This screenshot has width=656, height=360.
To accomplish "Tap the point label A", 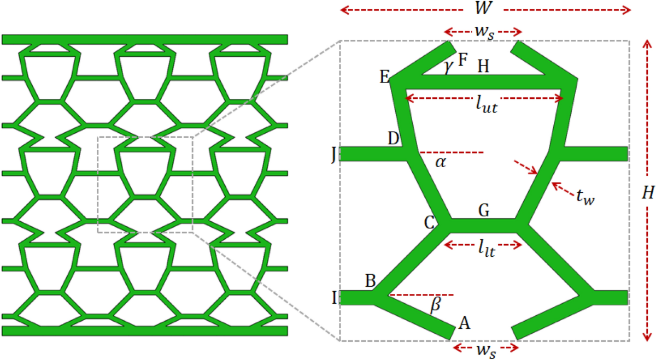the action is [x=465, y=323].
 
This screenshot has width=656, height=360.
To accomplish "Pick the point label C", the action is [x=429, y=222].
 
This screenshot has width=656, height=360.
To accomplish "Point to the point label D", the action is [x=393, y=139].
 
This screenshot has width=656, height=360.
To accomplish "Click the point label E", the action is [x=384, y=76].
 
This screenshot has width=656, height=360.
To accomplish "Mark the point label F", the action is [x=463, y=59].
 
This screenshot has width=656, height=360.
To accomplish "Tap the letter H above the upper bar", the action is [x=483, y=66].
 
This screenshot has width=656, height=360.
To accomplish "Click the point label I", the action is [x=333, y=298].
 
